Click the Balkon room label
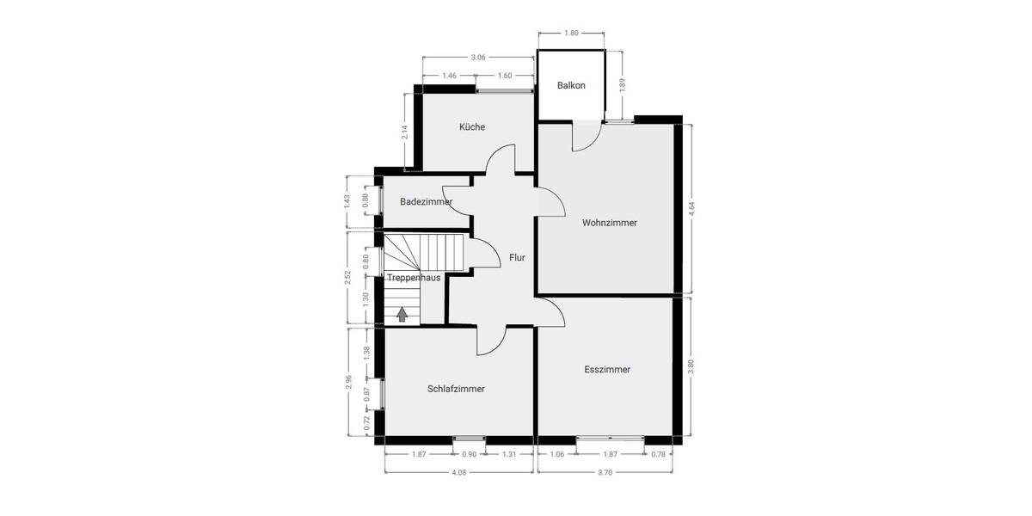click(571, 85)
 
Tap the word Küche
click(472, 126)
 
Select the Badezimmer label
click(426, 201)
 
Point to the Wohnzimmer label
click(609, 223)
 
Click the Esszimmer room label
click(607, 370)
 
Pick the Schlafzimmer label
click(456, 389)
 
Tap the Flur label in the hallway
click(517, 257)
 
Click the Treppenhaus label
click(414, 278)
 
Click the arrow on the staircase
click(402, 314)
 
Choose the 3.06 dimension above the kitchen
click(478, 57)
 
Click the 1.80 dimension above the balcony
click(571, 33)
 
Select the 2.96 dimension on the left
click(348, 382)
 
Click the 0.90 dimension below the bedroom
click(470, 454)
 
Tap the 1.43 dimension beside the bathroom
click(347, 201)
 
